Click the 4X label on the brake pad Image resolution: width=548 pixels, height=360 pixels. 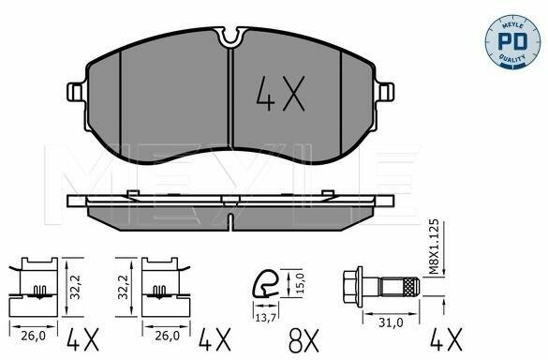(x=281, y=94)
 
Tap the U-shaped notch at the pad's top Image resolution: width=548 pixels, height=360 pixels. (x=230, y=36)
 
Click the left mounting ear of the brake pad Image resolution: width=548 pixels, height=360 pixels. (x=76, y=92)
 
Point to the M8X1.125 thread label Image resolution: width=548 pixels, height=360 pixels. (x=434, y=247)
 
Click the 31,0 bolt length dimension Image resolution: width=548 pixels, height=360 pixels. (x=391, y=322)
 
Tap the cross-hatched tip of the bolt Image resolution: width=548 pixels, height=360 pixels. (x=410, y=287)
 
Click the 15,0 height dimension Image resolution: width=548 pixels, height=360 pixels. (x=301, y=283)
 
